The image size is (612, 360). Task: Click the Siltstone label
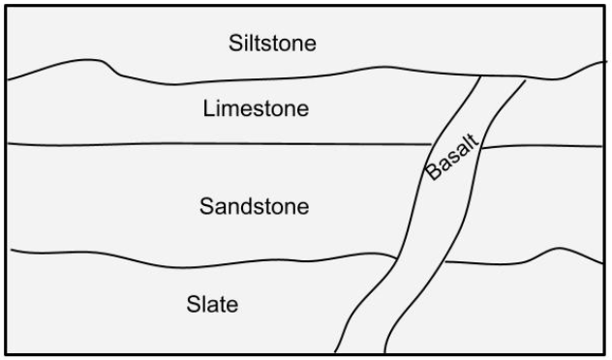coord(272,43)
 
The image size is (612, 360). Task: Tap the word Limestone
coord(256,108)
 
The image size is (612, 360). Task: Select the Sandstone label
coord(255,206)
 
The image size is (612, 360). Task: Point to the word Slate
coord(212,304)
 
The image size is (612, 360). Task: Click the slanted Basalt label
coord(451,157)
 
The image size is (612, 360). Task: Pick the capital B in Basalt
coord(433,171)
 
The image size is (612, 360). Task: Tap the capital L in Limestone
coord(209,108)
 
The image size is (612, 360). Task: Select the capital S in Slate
coord(194,304)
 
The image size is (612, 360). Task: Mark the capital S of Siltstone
coord(235,43)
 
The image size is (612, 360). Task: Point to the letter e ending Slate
coord(231,307)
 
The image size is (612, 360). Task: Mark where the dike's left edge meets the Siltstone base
coord(480,76)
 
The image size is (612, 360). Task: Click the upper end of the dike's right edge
coord(526,80)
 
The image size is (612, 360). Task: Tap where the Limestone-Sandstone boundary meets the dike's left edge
coord(431,145)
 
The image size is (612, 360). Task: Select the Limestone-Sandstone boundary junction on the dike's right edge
coord(481,148)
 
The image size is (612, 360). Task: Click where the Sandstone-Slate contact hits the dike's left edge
coord(397,257)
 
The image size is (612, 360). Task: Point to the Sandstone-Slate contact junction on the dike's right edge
coord(445,262)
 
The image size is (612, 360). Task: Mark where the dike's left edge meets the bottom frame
coord(335,352)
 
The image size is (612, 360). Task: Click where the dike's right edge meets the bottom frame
coord(384,352)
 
